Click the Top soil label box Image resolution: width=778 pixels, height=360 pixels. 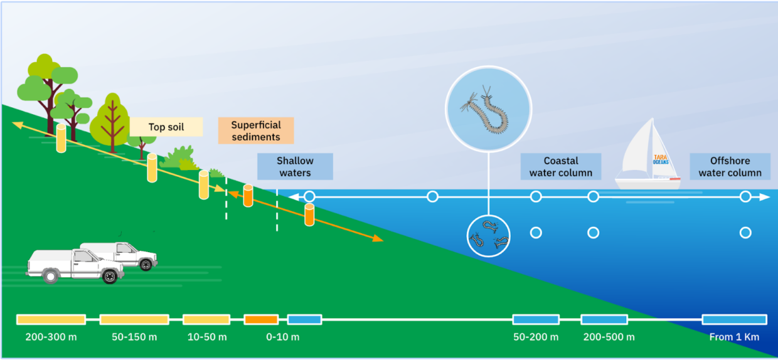point(166,127)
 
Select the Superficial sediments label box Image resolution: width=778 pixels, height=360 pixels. point(255,131)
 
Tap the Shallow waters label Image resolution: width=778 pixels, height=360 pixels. point(295,166)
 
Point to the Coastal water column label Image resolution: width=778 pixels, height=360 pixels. point(561,167)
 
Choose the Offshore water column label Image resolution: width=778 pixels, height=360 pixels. point(730,167)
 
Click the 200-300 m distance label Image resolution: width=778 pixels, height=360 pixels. point(51,337)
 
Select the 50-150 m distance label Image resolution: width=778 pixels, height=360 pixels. point(134,337)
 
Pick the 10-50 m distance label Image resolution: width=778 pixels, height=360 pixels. point(207,337)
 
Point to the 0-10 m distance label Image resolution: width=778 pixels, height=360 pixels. point(282,337)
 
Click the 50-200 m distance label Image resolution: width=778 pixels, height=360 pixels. point(536,337)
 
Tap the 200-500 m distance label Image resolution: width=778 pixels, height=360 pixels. point(609,337)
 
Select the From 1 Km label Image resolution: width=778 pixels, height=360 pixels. point(734,337)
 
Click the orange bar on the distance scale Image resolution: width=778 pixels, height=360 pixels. point(261,320)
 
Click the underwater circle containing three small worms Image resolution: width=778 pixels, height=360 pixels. point(489,236)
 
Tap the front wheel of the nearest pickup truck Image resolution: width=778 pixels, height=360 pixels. point(110,275)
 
